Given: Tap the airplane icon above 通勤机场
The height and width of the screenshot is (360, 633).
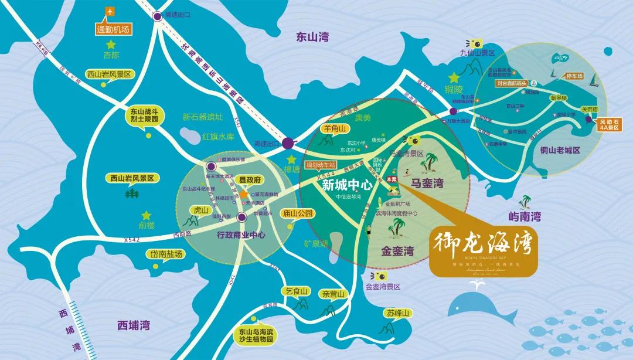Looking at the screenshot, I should point(110,11).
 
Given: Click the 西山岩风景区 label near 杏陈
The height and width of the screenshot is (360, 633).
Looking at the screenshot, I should point(111,74).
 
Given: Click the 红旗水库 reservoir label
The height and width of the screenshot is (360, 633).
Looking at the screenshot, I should point(218,137).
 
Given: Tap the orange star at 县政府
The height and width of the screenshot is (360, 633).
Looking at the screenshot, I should point(243,193).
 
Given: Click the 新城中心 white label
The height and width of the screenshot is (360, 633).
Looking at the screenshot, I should point(348,185).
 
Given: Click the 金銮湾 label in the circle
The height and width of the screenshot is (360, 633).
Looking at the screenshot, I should point(397,252).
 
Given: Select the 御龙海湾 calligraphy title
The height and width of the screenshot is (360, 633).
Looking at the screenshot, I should point(482,244).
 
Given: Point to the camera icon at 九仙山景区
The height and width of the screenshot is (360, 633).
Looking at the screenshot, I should point(475,43).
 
